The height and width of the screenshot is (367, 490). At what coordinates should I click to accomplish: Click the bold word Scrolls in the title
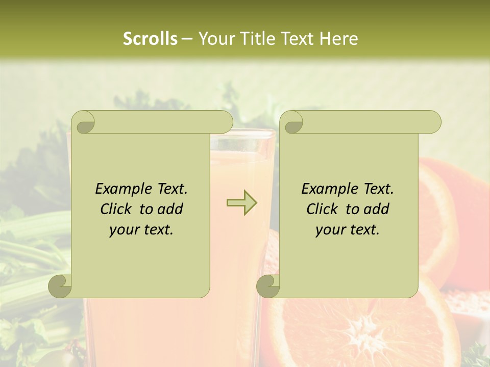point(150,39)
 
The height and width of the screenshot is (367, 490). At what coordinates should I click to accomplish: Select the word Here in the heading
point(339,39)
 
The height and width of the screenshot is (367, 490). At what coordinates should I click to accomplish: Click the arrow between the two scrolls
point(241,202)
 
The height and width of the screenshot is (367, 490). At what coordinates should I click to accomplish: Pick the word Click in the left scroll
point(115,209)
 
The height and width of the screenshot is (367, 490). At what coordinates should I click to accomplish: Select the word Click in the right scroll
point(321,209)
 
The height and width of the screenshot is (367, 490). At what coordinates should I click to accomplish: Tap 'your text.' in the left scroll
point(141,229)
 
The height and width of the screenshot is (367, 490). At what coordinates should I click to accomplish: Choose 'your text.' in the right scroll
point(348,229)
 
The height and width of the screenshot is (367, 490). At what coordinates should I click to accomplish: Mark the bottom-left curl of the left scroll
point(60,285)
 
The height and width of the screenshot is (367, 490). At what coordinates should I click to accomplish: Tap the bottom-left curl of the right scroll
point(268,285)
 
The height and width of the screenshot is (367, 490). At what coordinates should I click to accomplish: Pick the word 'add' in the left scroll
point(171,209)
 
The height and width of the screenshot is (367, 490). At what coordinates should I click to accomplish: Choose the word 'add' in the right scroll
point(377,209)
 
